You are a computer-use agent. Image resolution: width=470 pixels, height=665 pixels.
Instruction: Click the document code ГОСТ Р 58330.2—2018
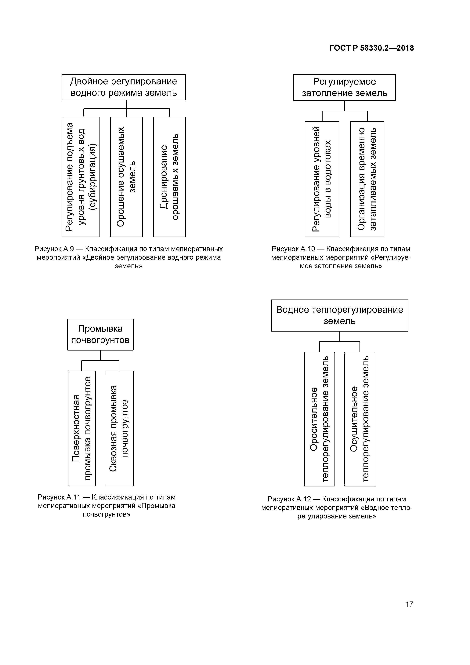(371, 48)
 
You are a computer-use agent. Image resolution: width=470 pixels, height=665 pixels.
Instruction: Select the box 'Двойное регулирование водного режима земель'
(124, 87)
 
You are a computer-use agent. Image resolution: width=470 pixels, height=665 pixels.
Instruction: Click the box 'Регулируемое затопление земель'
(344, 87)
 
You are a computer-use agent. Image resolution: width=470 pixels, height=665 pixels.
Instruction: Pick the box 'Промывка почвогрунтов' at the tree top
(100, 335)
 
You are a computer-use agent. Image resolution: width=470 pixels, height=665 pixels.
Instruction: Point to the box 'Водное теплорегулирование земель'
(339, 315)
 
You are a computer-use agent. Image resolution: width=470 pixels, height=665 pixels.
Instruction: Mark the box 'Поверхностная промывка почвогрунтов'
(82, 429)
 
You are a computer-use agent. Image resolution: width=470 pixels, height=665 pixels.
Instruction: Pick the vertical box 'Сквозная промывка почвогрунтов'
(119, 429)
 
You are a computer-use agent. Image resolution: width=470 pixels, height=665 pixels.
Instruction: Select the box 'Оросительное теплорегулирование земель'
(319, 419)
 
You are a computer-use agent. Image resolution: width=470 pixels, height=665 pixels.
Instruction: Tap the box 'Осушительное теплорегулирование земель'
(360, 419)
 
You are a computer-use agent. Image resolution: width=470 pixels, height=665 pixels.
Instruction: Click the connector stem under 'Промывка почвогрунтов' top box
(100, 355)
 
